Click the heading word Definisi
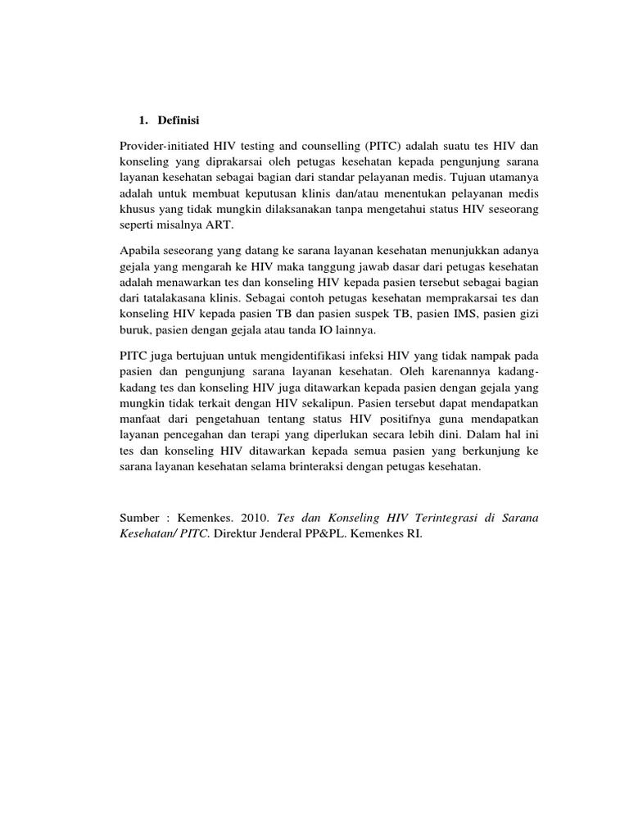click(x=178, y=120)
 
